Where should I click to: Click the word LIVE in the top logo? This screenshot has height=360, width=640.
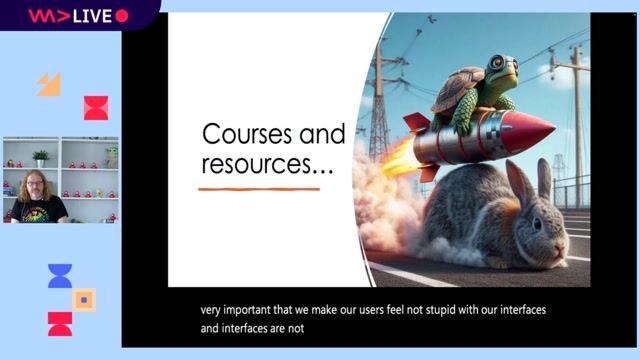91,16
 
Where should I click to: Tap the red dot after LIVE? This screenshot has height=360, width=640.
122,16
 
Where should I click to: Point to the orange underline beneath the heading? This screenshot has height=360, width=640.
259,188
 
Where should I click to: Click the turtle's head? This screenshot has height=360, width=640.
503,67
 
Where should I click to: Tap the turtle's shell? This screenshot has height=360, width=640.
461,88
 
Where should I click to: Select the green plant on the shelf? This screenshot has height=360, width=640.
41,156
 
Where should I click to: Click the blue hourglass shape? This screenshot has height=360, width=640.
60,276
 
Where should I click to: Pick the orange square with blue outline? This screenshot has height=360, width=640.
85,299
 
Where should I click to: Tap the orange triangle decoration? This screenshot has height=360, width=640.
49,84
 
